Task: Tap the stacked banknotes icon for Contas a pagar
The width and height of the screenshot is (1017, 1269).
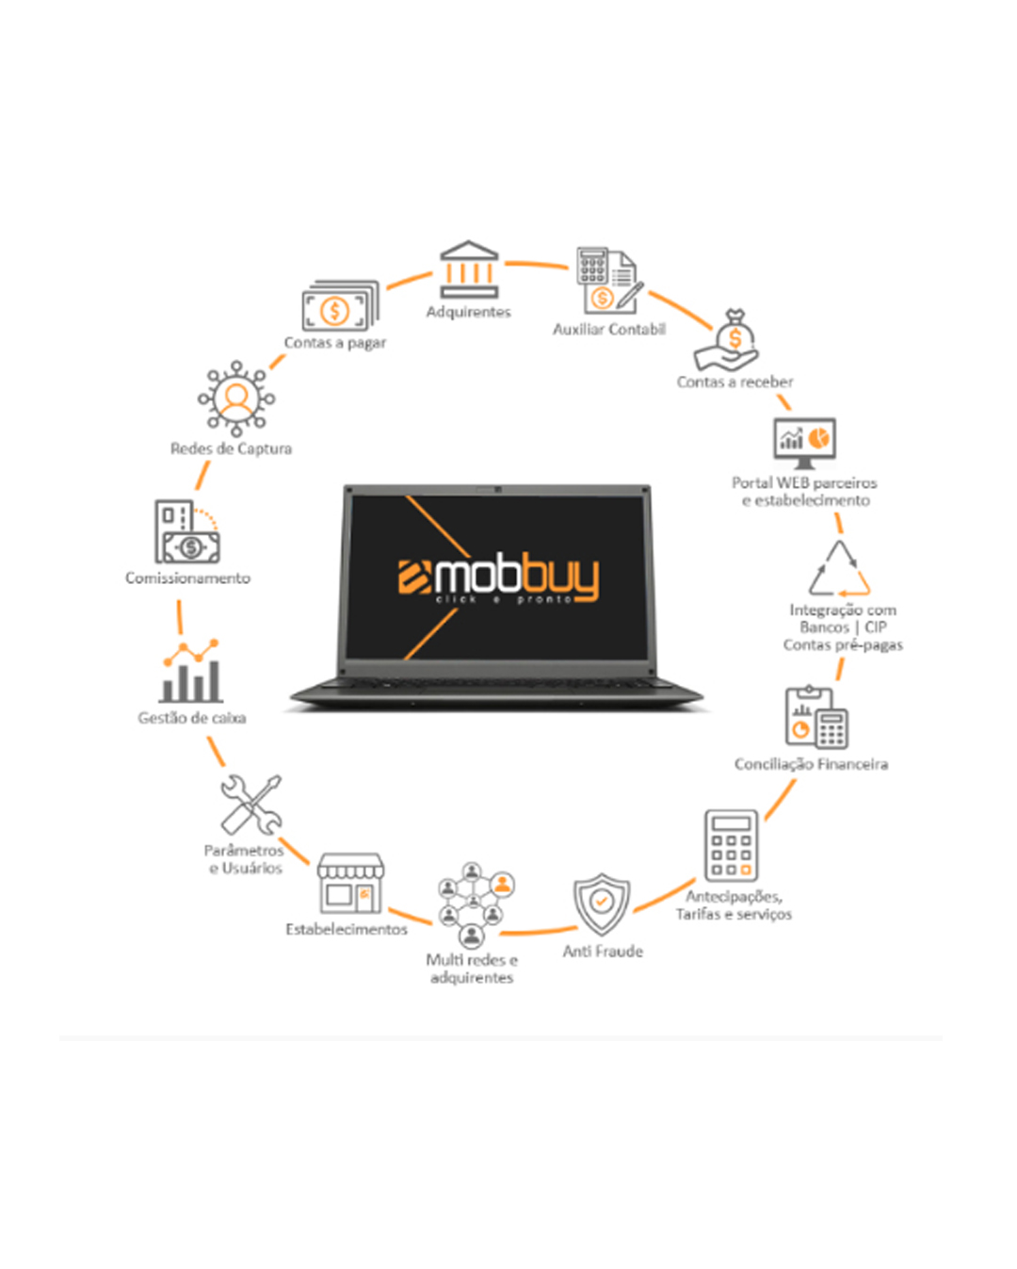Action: (x=340, y=305)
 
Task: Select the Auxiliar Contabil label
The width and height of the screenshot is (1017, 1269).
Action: (x=609, y=329)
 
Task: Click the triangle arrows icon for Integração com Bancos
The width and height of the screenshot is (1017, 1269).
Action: (x=839, y=568)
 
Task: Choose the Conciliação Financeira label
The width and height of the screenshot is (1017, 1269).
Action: (x=811, y=764)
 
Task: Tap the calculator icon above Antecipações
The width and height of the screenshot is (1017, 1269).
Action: (x=731, y=845)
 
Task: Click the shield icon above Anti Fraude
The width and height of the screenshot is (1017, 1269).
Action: (x=602, y=904)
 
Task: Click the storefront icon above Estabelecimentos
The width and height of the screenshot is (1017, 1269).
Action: (x=350, y=883)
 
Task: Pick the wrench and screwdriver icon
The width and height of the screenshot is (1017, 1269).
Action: (x=251, y=805)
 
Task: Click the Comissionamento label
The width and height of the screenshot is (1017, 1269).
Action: (x=187, y=578)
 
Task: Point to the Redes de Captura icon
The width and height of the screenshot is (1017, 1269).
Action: (x=236, y=399)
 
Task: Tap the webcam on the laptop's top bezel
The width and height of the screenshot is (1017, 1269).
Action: (x=498, y=490)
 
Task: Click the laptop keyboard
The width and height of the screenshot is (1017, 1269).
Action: (x=496, y=684)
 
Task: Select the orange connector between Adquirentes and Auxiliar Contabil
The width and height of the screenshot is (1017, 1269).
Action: (x=537, y=264)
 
